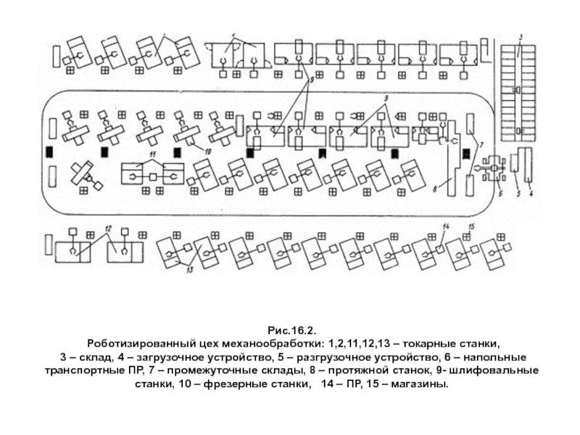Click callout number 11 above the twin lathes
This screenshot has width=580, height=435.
click(152, 155)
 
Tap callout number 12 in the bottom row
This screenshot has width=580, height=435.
click(107, 228)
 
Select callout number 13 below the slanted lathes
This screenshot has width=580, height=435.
click(190, 270)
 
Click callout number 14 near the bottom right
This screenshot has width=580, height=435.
click(447, 228)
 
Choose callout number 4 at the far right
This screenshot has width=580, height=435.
click(531, 194)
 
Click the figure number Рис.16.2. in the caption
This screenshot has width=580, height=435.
click(291, 329)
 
